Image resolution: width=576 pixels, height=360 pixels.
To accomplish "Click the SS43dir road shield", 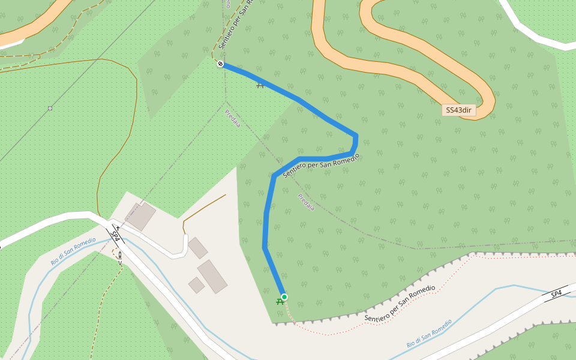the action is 459,110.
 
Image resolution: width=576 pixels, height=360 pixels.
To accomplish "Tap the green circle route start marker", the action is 284,297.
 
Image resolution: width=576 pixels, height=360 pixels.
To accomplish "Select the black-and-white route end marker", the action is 221,64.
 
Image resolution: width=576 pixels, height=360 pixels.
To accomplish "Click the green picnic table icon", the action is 280,302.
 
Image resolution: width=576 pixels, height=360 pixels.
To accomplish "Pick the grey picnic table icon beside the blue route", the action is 260,85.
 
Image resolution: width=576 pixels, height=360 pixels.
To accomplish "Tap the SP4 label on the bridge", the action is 116,235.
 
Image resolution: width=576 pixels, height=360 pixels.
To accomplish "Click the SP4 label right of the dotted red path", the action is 556,293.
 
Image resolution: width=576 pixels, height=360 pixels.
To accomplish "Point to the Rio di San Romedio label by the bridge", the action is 73,251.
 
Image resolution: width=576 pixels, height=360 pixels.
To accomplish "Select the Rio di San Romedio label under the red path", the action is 428,334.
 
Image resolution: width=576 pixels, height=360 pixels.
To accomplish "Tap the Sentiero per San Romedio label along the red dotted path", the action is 399,304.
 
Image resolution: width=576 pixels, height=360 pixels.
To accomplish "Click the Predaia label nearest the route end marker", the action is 233,118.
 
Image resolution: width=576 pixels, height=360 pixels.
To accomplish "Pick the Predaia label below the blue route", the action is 306,202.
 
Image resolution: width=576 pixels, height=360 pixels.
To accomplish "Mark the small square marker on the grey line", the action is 50,109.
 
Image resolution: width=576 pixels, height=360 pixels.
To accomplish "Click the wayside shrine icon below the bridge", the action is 120,255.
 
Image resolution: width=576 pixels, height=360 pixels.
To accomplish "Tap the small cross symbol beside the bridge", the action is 118,228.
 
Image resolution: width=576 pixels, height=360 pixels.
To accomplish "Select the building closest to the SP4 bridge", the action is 140,217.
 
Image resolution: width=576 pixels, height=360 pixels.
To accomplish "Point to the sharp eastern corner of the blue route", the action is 356,136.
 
